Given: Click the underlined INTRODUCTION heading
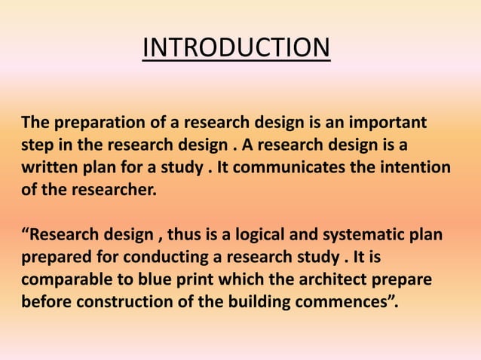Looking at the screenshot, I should click(236, 48).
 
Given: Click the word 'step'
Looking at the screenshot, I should click(36, 145).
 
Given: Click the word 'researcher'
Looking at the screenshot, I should click(119, 189).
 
